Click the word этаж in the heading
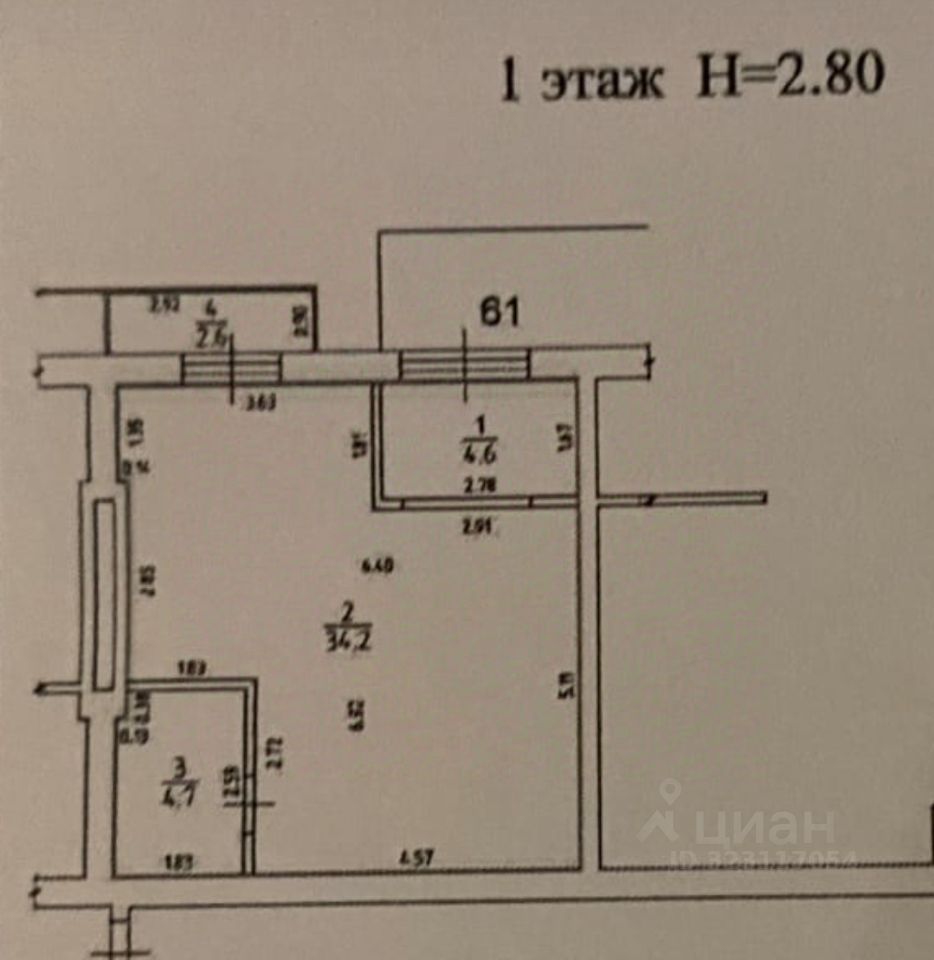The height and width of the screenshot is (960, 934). (x=602, y=81)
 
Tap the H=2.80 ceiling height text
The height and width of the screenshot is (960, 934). (x=789, y=76)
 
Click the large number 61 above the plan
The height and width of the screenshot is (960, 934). (x=500, y=313)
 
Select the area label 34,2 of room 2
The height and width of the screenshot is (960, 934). (x=343, y=637)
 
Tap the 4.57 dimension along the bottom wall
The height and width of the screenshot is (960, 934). (x=417, y=857)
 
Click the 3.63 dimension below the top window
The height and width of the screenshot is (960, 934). (x=260, y=404)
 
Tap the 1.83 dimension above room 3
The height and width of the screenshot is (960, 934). (x=192, y=667)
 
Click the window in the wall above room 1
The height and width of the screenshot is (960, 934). (x=463, y=365)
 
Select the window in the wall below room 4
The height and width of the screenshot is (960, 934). (x=231, y=368)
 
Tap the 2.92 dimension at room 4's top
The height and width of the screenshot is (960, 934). (x=164, y=306)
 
